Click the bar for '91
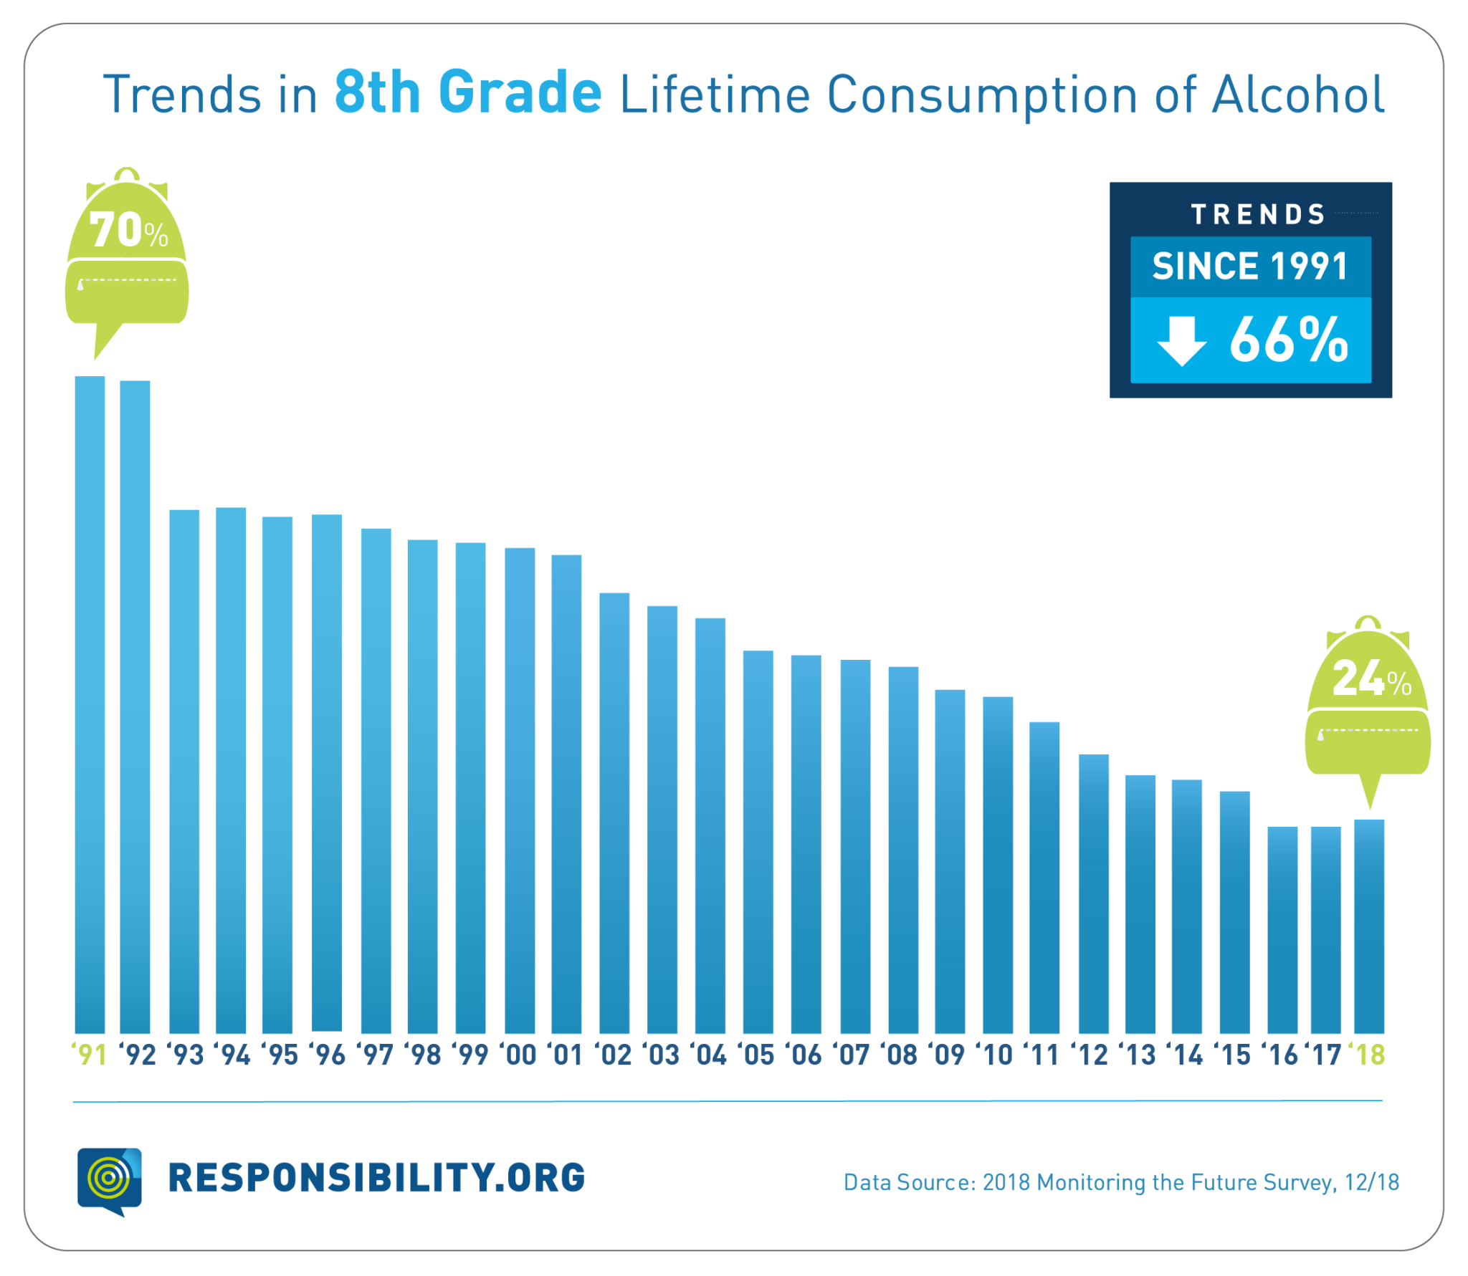(x=90, y=706)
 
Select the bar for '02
(x=614, y=813)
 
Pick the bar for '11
(x=1044, y=878)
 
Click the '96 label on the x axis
(x=328, y=1055)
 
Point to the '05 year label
(x=757, y=1055)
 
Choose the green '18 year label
(x=1368, y=1055)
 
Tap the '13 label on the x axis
(x=1138, y=1055)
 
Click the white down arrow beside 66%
(x=1181, y=340)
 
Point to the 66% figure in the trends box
(x=1289, y=340)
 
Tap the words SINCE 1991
(x=1250, y=267)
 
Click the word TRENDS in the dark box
(x=1258, y=214)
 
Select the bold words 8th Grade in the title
(x=468, y=93)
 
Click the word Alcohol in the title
(x=1297, y=95)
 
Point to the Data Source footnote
(x=1121, y=1183)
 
